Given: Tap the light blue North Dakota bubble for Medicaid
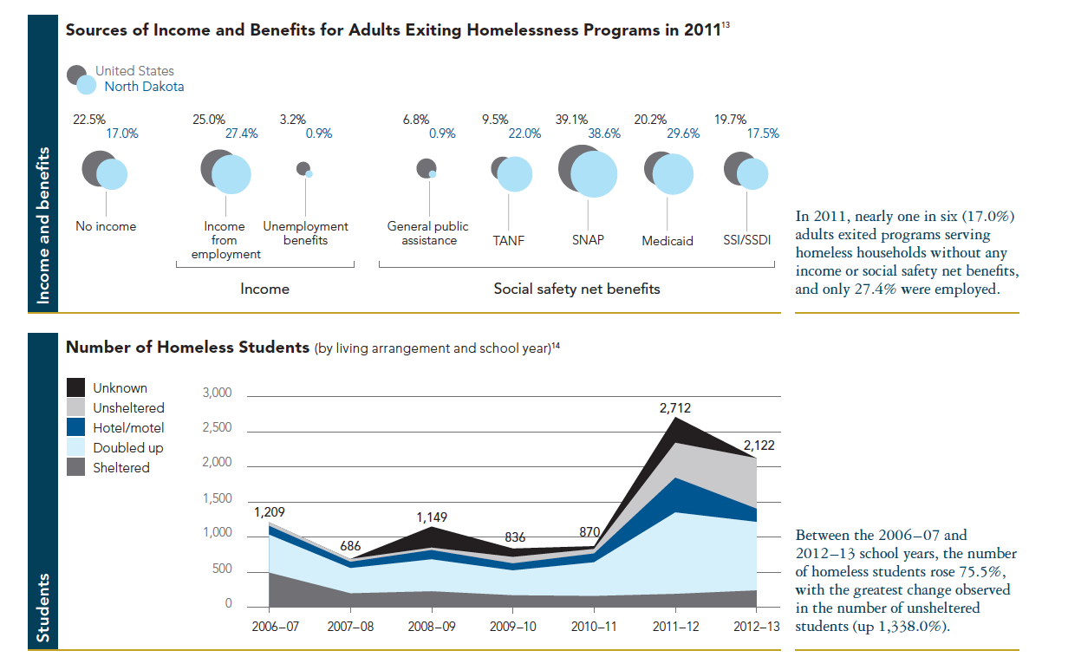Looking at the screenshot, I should pos(674,175).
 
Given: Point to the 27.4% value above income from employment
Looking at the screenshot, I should pos(242,133).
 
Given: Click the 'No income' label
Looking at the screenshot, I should pos(106,226).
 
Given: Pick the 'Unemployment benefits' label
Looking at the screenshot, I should pos(305,233).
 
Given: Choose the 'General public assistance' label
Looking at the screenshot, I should pos(428,233).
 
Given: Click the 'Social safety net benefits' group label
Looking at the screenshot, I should pos(576,289).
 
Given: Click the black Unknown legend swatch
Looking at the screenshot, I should pos(76,387).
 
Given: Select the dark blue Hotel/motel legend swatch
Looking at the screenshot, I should pos(76,427).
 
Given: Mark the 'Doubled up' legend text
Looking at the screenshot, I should pos(128,448).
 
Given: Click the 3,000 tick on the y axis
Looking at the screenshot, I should pos(217,394).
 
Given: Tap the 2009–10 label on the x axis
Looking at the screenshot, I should pos(512,625).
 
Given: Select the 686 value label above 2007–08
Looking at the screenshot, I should pos(351,545).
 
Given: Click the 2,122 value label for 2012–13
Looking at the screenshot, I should pos(758,446).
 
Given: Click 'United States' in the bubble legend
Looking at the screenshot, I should pos(134,71).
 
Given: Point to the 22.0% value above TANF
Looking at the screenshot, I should pos(524,133).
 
